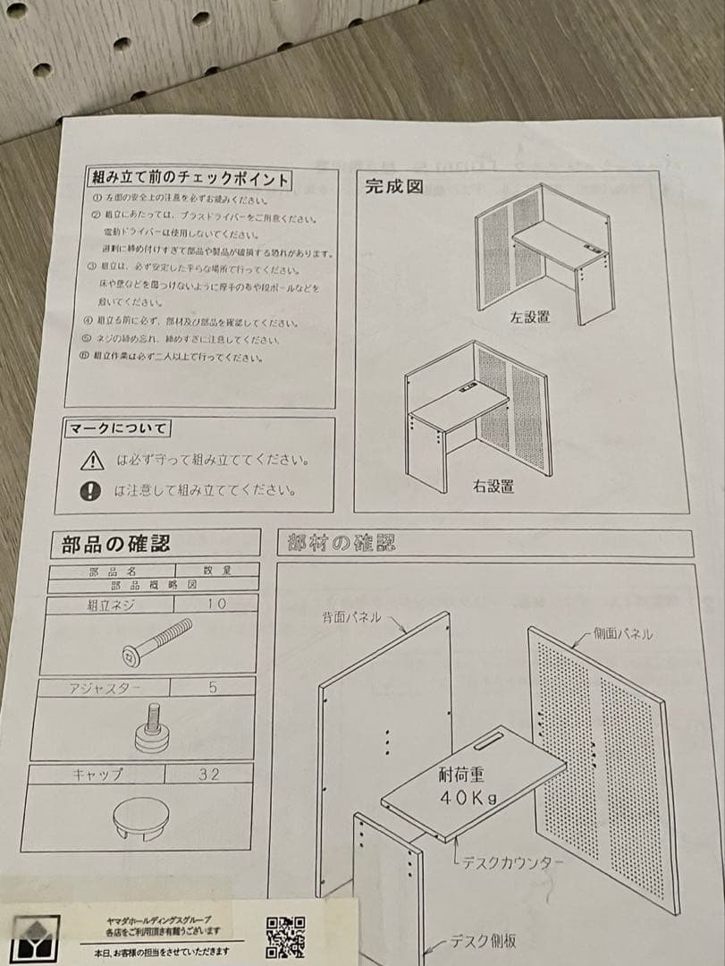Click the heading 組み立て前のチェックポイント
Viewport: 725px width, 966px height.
pos(190,179)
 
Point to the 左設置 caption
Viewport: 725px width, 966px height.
pos(530,317)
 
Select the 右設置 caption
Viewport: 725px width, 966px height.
pos(493,487)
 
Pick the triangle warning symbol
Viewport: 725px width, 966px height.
pos(92,462)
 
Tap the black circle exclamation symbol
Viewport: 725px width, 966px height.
pos(90,490)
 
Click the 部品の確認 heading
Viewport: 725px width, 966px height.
pos(115,543)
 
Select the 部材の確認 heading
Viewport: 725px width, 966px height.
pos(341,542)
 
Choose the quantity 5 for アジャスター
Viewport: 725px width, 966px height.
pos(213,688)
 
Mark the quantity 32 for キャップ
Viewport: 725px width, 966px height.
pos(208,774)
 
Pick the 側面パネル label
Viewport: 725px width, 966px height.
pos(622,634)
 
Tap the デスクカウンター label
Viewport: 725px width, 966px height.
pos(512,863)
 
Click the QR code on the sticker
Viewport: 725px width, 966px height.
pos(286,937)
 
